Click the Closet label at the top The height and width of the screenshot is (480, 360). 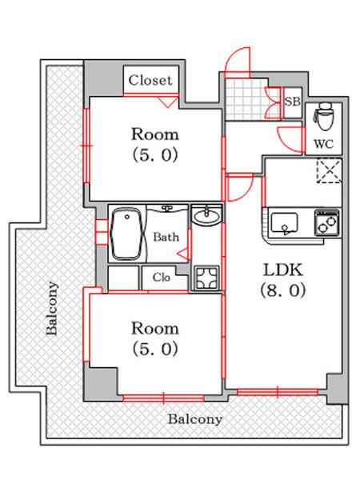pos(150,80)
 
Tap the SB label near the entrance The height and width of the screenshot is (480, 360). pos(293,102)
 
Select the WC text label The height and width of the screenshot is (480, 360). pos(323,143)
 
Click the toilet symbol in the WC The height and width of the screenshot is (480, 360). pos(324,116)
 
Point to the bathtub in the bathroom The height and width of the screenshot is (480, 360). pos(126,234)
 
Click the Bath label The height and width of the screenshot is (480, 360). pos(166,237)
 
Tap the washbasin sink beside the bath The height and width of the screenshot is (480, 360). pos(206,215)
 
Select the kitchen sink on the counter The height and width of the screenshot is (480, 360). pos(284,223)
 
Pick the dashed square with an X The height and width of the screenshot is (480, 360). pos(329,170)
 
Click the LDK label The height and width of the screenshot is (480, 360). pos(283,270)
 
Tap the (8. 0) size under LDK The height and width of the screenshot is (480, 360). pos(283,290)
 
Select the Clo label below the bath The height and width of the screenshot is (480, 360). pos(162,278)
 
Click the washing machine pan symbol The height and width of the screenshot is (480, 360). pos(207,278)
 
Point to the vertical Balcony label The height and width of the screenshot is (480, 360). pos(52,308)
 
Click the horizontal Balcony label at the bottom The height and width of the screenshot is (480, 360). pos(195,419)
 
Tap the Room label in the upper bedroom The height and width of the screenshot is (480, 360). pos(155,134)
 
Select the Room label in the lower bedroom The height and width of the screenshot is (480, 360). pos(155,329)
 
